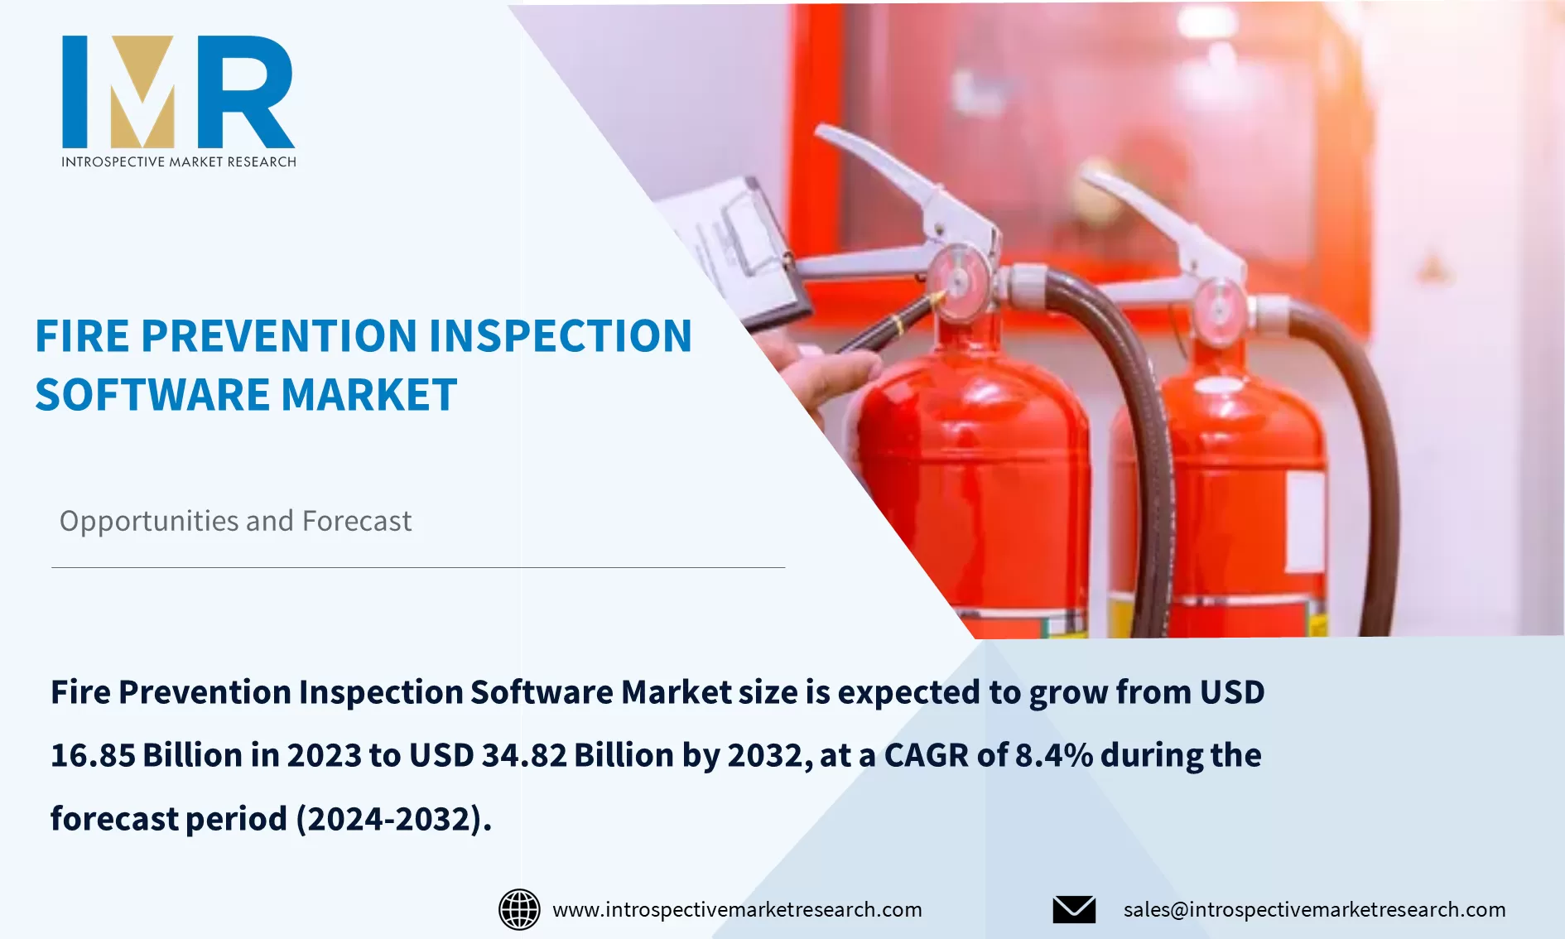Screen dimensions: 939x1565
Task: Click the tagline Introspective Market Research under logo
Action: (x=178, y=161)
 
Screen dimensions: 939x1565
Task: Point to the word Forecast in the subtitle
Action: (x=357, y=522)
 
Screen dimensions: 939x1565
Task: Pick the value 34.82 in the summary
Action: (x=523, y=755)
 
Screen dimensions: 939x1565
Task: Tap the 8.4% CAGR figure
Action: (x=1053, y=755)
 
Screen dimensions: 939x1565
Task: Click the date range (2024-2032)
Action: (x=394, y=819)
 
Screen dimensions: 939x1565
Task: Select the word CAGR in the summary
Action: (x=926, y=755)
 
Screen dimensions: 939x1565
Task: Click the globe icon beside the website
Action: (x=519, y=909)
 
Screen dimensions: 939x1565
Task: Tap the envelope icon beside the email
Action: (x=1074, y=909)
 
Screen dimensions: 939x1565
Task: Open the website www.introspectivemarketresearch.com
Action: (x=737, y=909)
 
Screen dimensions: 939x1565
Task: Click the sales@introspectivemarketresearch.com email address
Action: (x=1314, y=909)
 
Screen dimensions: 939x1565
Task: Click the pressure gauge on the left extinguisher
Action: (x=957, y=282)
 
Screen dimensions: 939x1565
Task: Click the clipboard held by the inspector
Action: (x=737, y=248)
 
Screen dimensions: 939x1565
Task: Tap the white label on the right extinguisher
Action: (x=1304, y=522)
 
